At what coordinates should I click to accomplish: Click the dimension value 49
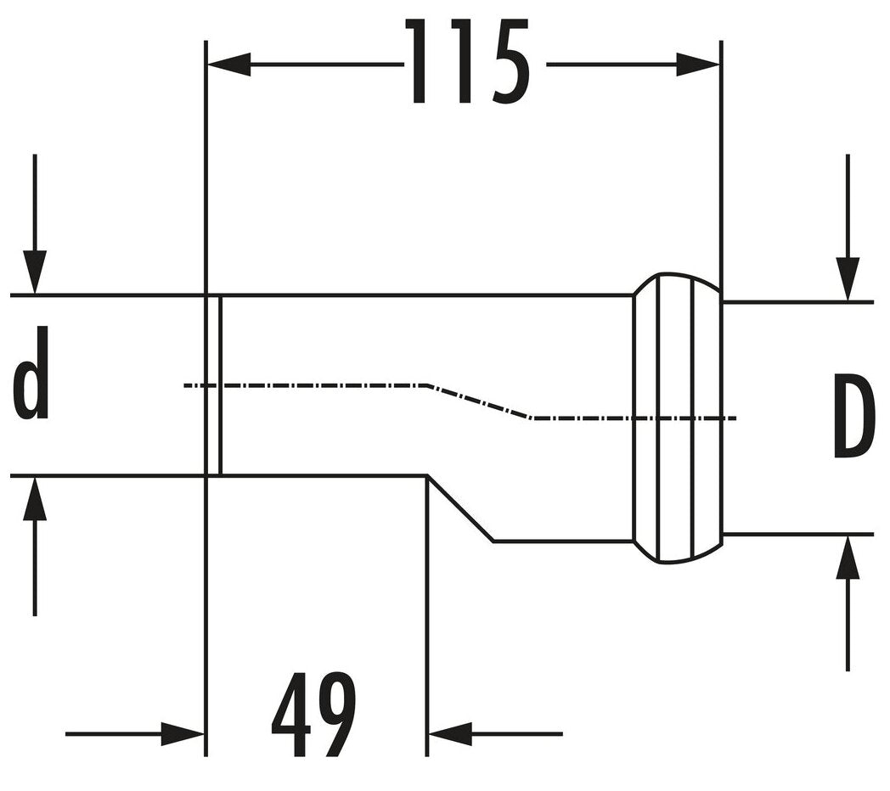pos(314,715)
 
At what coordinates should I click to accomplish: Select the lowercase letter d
pos(31,373)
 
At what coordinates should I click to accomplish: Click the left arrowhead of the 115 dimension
pos(228,65)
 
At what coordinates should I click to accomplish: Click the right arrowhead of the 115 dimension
pos(697,65)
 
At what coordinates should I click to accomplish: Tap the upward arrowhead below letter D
pos(848,558)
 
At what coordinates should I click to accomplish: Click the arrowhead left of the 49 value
pos(183,733)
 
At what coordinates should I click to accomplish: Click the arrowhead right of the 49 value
pos(450,733)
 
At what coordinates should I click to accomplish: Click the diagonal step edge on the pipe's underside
pos(460,508)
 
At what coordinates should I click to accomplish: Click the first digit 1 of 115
pos(420,64)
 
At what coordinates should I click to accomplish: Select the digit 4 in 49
pos(291,715)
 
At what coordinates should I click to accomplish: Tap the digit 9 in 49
pos(336,715)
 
